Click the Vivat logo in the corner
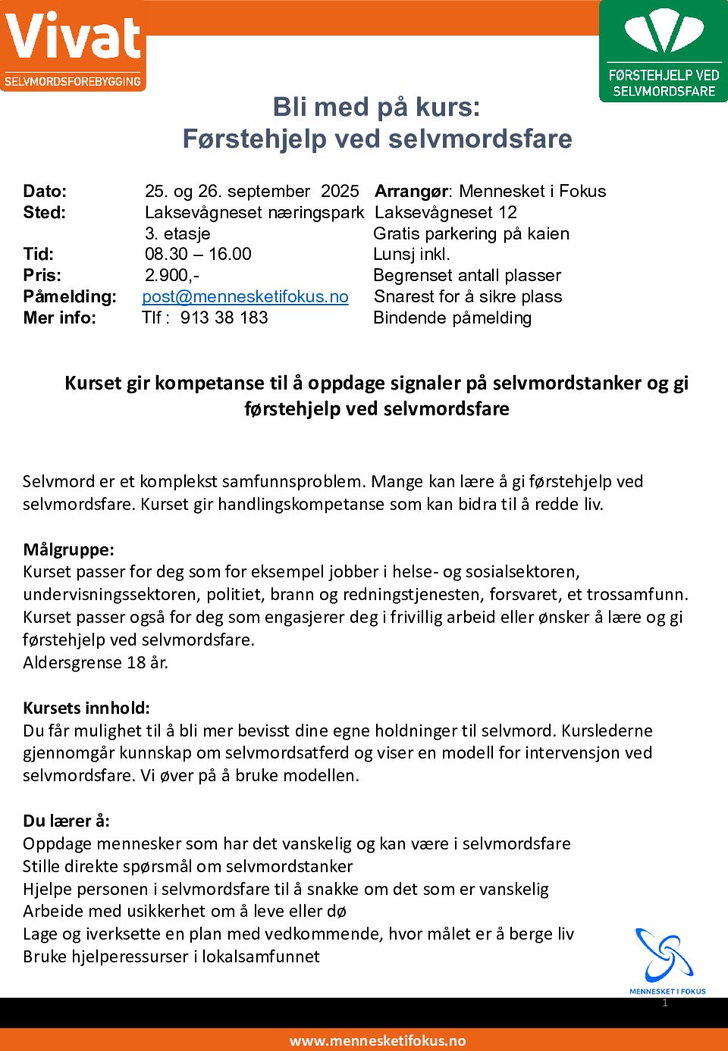tap(73, 45)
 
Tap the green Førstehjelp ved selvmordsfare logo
tap(664, 52)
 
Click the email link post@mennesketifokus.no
tap(245, 297)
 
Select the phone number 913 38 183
tap(224, 318)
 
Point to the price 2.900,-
tap(172, 276)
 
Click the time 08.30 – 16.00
tap(198, 255)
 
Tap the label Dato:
tap(45, 192)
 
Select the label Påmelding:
tap(70, 297)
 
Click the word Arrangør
tap(411, 192)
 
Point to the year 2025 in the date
tap(340, 192)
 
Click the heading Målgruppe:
tap(68, 549)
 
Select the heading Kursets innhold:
tap(86, 708)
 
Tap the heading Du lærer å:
tap(66, 821)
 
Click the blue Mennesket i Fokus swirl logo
tap(665, 956)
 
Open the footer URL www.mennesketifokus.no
tap(378, 1040)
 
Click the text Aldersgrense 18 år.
tap(96, 662)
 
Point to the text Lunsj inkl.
tap(412, 255)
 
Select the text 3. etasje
tap(177, 233)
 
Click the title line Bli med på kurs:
tap(376, 108)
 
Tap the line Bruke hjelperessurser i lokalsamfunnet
tap(171, 956)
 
